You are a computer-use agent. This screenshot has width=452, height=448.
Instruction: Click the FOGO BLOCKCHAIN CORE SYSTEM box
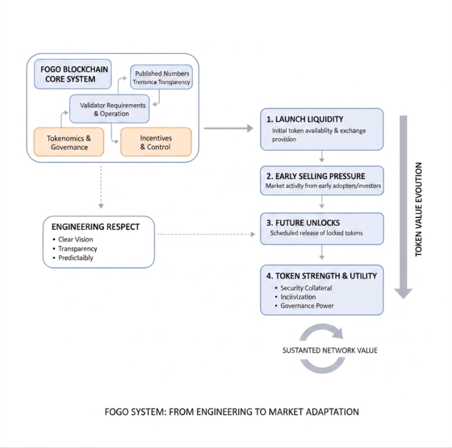point(72,74)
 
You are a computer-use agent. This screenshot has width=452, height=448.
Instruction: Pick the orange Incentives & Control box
point(155,143)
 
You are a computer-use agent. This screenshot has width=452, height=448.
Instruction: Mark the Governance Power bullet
point(307,306)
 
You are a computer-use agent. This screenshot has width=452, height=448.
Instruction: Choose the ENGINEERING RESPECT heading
point(96,227)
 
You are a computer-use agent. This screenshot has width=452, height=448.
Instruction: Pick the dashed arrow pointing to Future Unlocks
point(208,234)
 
